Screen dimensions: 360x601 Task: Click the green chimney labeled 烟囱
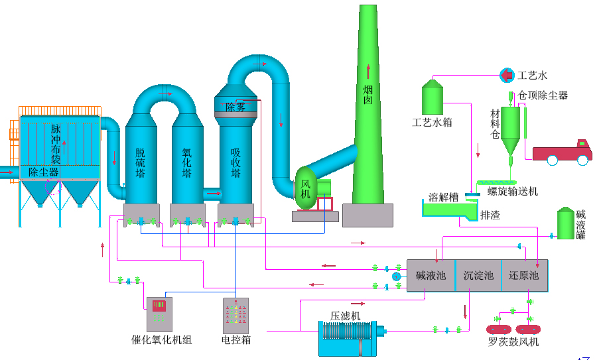coord(368,119)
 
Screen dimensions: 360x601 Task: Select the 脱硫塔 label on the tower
coord(140,163)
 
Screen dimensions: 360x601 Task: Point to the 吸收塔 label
coord(235,163)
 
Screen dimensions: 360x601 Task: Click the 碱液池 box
coord(431,276)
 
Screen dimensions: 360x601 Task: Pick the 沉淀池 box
coord(478,276)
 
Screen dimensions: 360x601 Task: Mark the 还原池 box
coord(524,276)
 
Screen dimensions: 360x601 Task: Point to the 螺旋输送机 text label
coord(513,192)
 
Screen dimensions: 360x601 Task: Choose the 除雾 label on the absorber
coord(235,107)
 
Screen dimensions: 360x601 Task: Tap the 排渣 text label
coord(490,215)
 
